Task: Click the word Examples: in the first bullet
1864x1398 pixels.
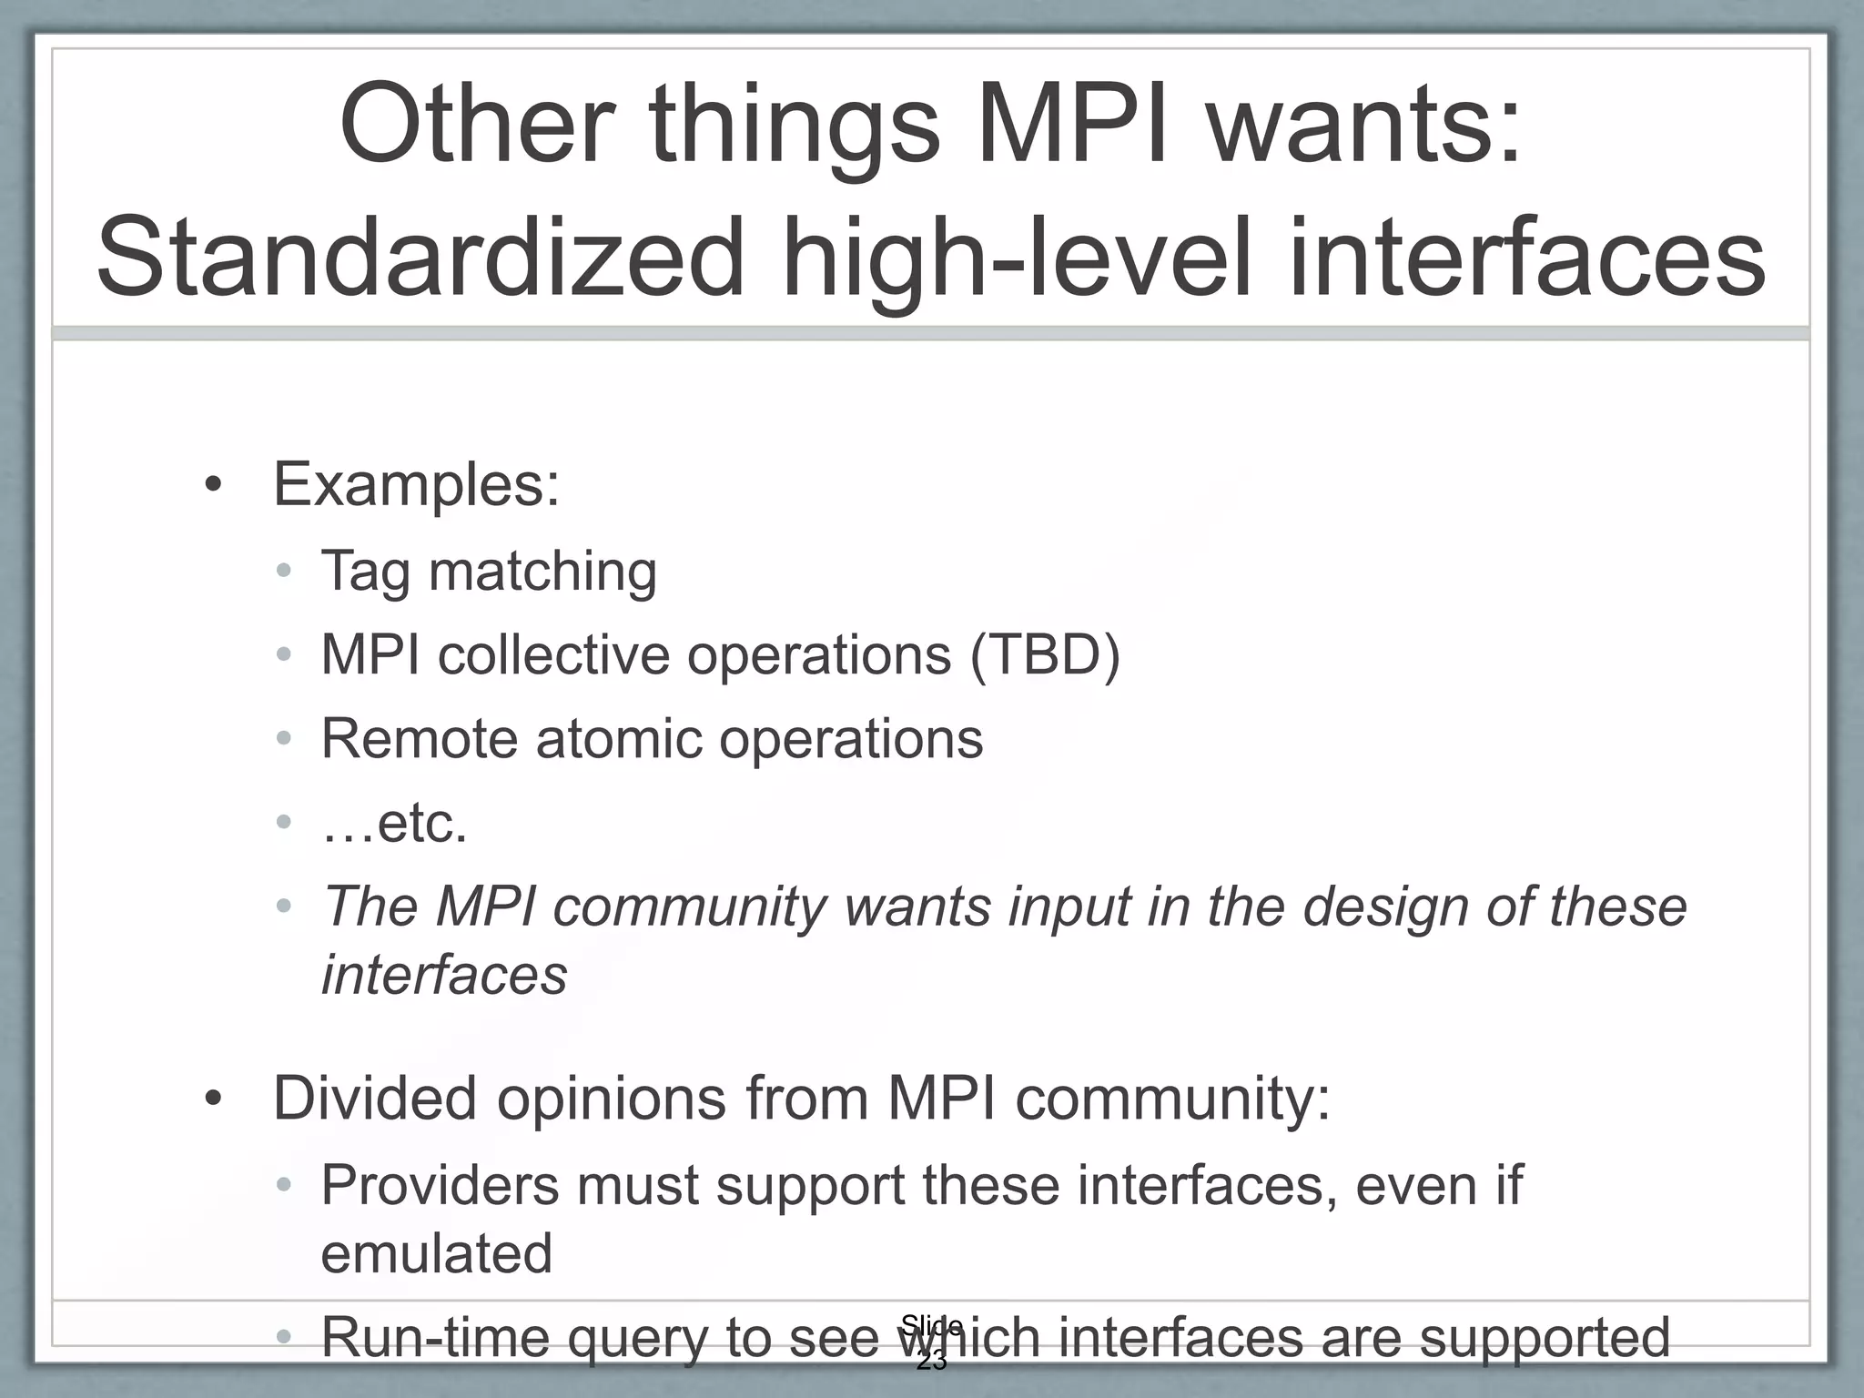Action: [x=416, y=484]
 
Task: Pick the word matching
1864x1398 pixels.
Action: [x=542, y=572]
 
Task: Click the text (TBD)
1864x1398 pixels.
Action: [x=1045, y=654]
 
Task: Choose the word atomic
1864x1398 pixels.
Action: [x=619, y=737]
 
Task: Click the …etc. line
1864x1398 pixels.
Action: [x=394, y=823]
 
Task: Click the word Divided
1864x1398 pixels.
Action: [x=375, y=1098]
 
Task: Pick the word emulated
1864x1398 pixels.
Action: [x=437, y=1252]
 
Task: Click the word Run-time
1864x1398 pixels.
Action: [x=435, y=1337]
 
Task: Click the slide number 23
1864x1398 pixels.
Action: [x=931, y=1362]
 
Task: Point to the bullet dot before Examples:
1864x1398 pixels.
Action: [x=213, y=485]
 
